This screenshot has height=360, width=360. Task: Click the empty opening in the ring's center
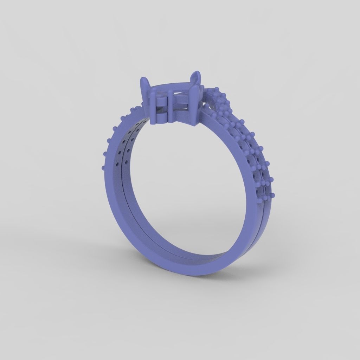pyautogui.click(x=190, y=190)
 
